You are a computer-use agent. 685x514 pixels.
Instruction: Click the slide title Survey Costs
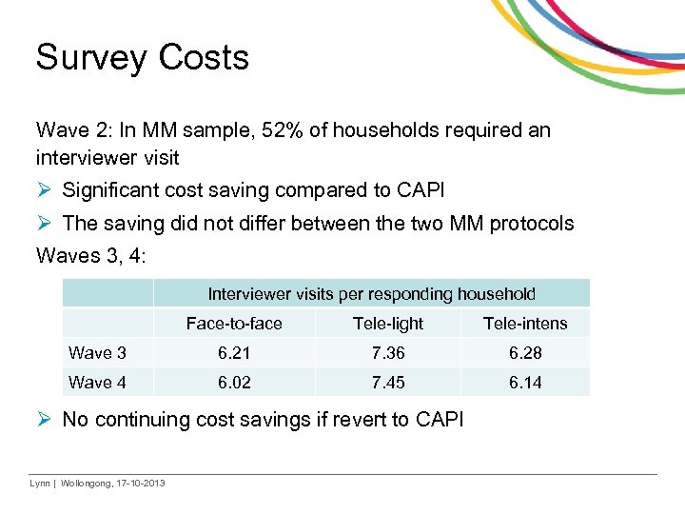142,57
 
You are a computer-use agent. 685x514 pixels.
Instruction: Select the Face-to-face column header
234,324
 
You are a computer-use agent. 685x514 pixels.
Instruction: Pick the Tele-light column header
387,324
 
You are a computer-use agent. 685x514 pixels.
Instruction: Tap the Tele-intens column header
524,324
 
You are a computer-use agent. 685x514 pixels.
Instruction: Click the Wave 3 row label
97,353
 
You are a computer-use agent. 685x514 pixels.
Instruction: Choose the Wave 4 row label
97,382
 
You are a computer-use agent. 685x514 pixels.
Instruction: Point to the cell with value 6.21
234,353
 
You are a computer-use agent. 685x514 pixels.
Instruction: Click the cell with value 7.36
387,353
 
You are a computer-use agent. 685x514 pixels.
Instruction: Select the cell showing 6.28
524,353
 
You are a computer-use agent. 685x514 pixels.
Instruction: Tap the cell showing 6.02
234,382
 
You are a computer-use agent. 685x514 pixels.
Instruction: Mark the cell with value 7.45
387,382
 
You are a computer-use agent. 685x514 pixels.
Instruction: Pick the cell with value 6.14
524,382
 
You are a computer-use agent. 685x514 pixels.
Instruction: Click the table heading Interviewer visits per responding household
371,294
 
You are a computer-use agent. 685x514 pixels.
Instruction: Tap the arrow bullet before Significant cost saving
44,190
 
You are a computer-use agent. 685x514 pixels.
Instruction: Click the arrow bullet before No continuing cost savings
44,420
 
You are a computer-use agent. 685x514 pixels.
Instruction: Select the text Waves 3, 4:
91,255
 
